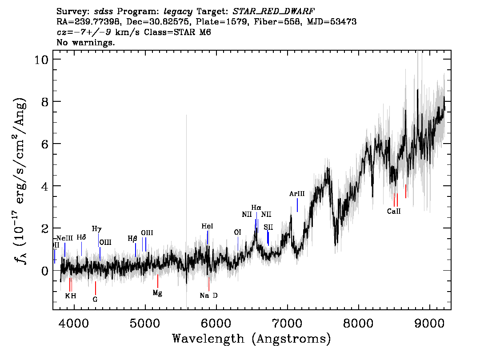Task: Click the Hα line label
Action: pos(256,208)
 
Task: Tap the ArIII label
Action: pos(297,194)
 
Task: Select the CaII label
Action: pos(394,212)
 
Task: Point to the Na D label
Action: pos(208,296)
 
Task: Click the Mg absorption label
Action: pos(157,293)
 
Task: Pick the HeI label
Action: pos(207,226)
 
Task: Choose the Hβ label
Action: pos(132,239)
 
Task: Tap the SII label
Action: pos(268,227)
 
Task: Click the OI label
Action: pos(237,232)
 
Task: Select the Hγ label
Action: pos(97,229)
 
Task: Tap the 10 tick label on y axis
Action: pos(42,60)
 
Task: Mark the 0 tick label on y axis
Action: pos(45,271)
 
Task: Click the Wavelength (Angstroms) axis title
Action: pos(252,339)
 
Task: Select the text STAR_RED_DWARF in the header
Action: pos(273,12)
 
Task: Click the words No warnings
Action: pos(85,42)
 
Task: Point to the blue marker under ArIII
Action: pos(297,205)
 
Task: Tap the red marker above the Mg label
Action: pos(157,281)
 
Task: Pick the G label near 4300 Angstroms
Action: pos(95,300)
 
